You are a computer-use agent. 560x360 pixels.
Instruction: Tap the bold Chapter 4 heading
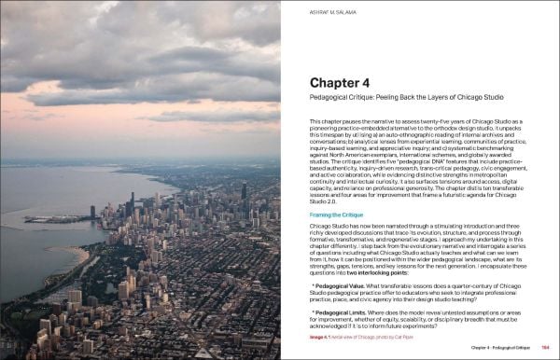click(346, 82)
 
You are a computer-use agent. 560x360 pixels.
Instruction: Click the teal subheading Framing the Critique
click(336, 215)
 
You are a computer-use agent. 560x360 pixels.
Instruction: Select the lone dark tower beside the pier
click(92, 211)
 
